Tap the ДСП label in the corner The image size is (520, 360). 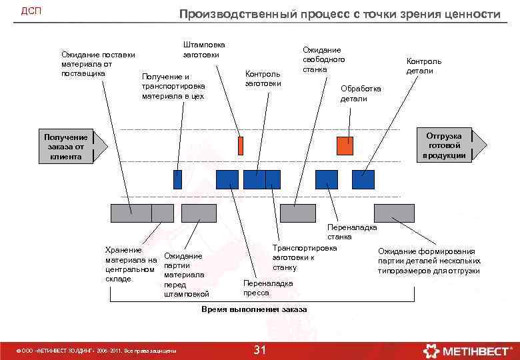(31, 11)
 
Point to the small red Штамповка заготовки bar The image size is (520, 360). (241, 145)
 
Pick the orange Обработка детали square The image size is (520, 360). (345, 145)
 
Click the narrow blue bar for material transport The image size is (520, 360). (177, 179)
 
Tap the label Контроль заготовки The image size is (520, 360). (263, 79)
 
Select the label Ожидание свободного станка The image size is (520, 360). (323, 59)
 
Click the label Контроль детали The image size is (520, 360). (423, 66)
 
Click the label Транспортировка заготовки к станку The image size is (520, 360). (304, 257)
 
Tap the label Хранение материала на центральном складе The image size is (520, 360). (130, 264)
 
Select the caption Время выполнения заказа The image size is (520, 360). (254, 310)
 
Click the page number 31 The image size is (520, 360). (261, 350)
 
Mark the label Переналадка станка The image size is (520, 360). (351, 232)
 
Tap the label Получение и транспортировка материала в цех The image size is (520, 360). (173, 87)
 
